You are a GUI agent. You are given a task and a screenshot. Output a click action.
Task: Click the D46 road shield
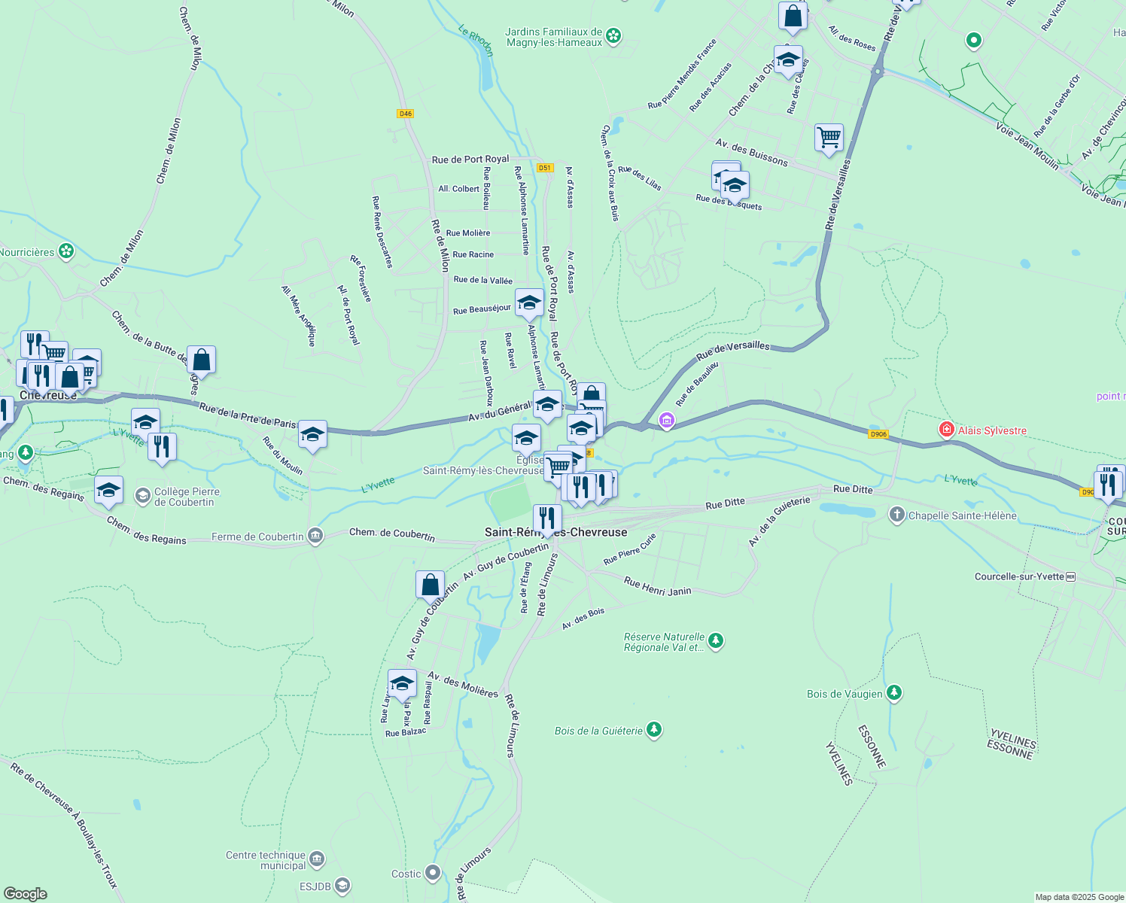[406, 114]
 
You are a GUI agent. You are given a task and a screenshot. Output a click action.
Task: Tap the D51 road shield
[545, 168]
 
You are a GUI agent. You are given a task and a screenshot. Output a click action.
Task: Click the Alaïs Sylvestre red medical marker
[947, 430]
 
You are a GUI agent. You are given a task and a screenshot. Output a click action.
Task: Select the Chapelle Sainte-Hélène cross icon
[896, 515]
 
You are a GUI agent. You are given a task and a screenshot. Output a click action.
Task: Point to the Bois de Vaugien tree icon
[893, 693]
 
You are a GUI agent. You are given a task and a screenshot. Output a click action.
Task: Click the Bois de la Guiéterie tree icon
[654, 729]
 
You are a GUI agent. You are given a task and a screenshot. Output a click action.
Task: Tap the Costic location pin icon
[432, 873]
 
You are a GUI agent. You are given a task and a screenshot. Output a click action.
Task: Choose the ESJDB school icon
[342, 886]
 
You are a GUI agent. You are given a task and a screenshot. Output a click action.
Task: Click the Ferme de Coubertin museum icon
[315, 537]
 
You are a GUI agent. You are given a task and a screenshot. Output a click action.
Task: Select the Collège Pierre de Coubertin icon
[142, 496]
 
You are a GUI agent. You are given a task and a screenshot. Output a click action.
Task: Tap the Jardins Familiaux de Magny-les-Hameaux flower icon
[613, 36]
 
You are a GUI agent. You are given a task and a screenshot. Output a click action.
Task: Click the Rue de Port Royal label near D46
[470, 160]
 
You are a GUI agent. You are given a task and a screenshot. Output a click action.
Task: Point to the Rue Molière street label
[467, 233]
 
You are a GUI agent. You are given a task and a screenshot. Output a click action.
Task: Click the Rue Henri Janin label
[657, 587]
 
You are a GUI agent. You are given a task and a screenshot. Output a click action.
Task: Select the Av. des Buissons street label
[751, 152]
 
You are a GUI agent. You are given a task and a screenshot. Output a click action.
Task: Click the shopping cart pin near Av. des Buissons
[829, 138]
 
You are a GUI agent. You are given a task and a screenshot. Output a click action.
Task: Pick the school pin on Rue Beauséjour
[529, 303]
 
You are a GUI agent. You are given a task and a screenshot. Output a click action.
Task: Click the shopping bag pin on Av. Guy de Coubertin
[430, 585]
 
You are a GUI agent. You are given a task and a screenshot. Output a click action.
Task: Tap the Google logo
[26, 893]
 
